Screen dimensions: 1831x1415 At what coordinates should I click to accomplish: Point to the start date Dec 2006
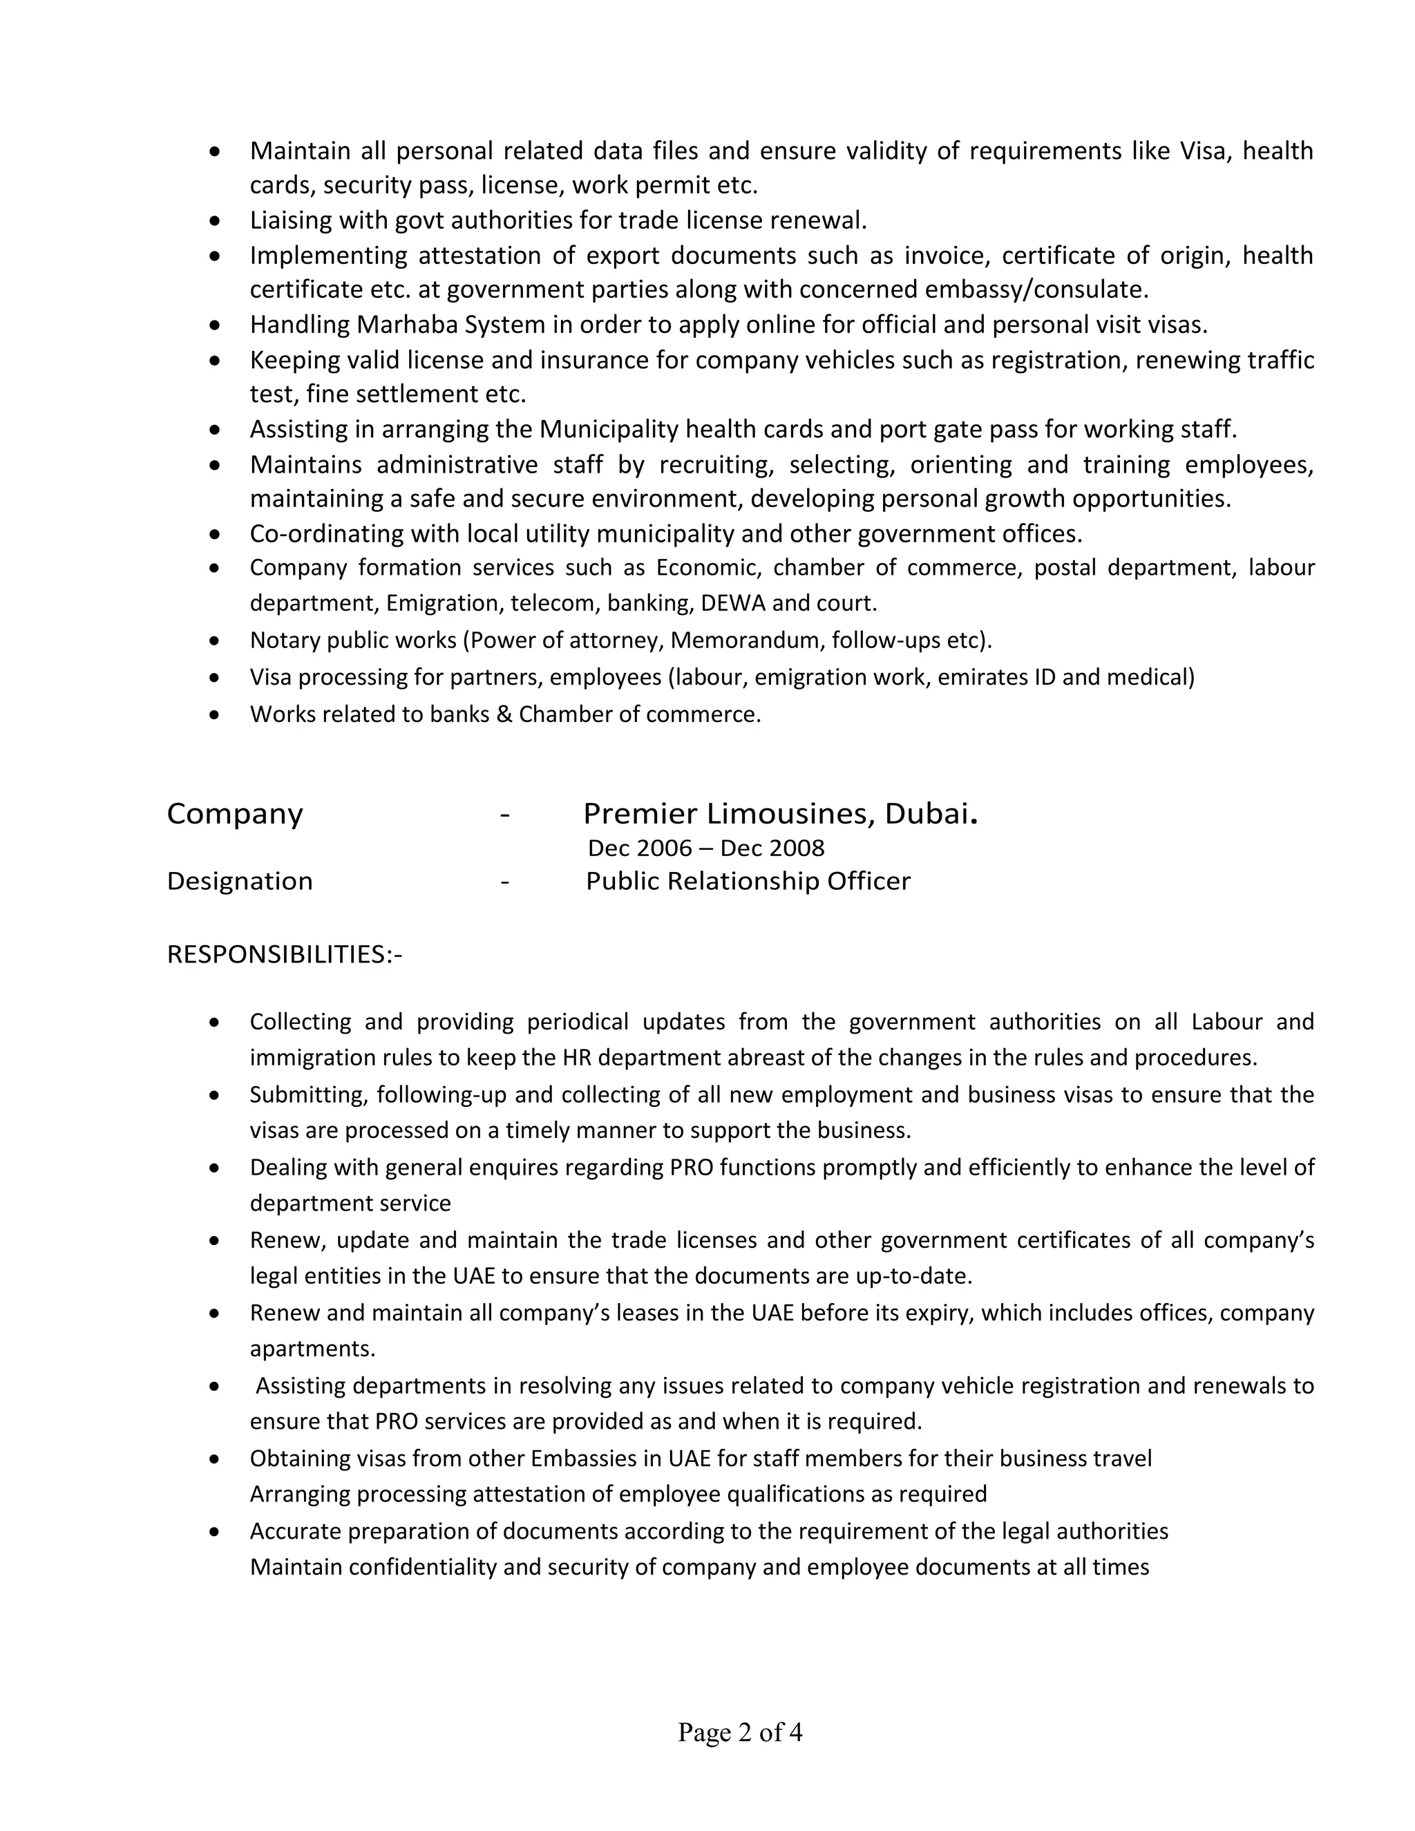[x=640, y=848]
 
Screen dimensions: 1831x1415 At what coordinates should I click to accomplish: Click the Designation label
[x=240, y=881]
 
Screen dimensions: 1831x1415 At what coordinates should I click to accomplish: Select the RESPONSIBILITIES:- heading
[x=284, y=954]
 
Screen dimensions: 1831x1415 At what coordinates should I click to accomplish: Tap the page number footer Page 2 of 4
[x=740, y=1732]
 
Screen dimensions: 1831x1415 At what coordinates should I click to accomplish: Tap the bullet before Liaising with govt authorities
[x=216, y=220]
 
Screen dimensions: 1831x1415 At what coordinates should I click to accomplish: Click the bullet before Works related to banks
[x=216, y=714]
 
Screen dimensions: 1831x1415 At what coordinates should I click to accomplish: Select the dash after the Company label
[x=504, y=814]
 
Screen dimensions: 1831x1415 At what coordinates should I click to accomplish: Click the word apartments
[x=312, y=1348]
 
